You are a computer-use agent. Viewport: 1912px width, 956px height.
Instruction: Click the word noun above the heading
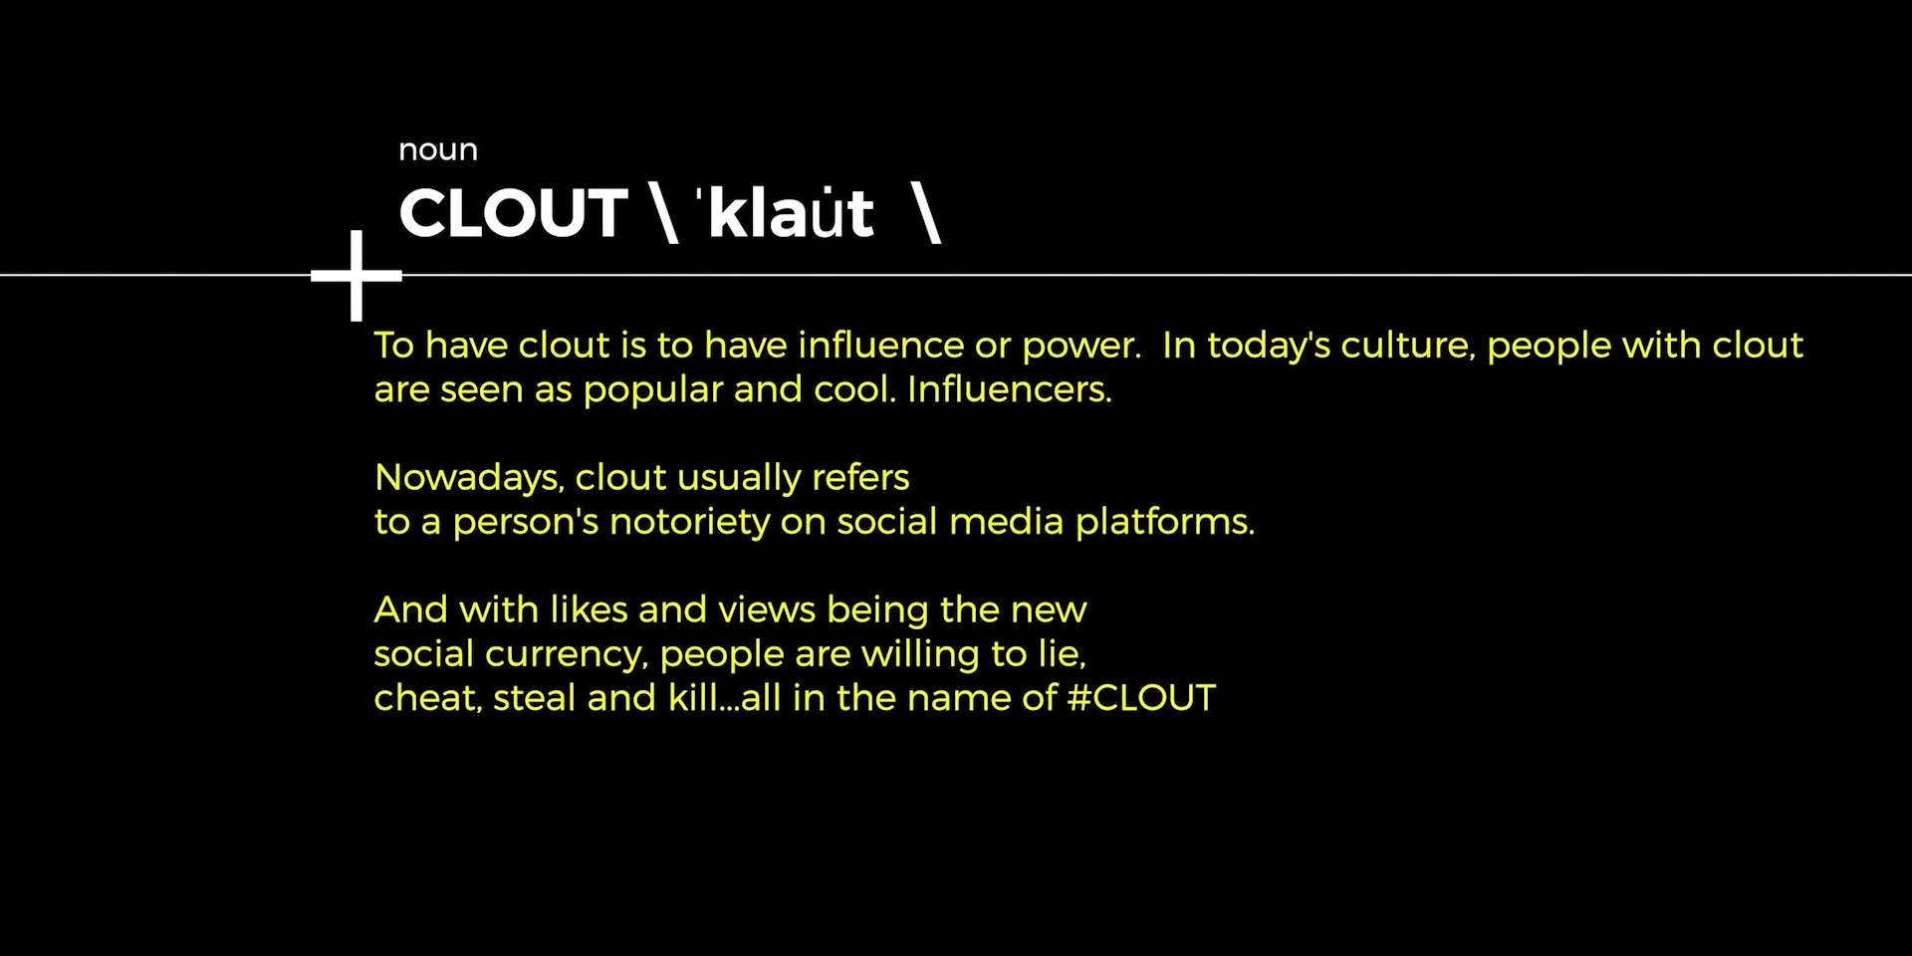click(438, 150)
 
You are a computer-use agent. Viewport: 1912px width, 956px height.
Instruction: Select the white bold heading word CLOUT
click(513, 213)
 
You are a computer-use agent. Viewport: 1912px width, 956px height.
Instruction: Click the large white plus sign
click(357, 276)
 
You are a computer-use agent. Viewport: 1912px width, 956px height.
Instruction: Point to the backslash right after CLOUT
click(663, 213)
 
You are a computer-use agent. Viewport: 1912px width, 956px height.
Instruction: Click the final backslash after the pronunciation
click(926, 213)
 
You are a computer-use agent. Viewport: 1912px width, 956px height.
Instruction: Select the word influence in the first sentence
click(881, 345)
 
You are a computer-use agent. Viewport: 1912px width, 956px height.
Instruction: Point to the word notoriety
click(690, 523)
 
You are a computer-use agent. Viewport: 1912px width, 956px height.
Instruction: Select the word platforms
click(1165, 523)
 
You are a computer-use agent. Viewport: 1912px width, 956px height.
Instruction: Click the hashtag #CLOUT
click(1141, 698)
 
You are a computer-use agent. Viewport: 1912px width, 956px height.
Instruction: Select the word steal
click(535, 698)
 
